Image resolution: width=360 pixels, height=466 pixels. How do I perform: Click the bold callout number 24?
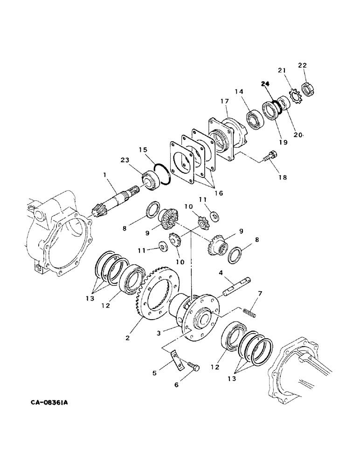(x=266, y=84)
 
